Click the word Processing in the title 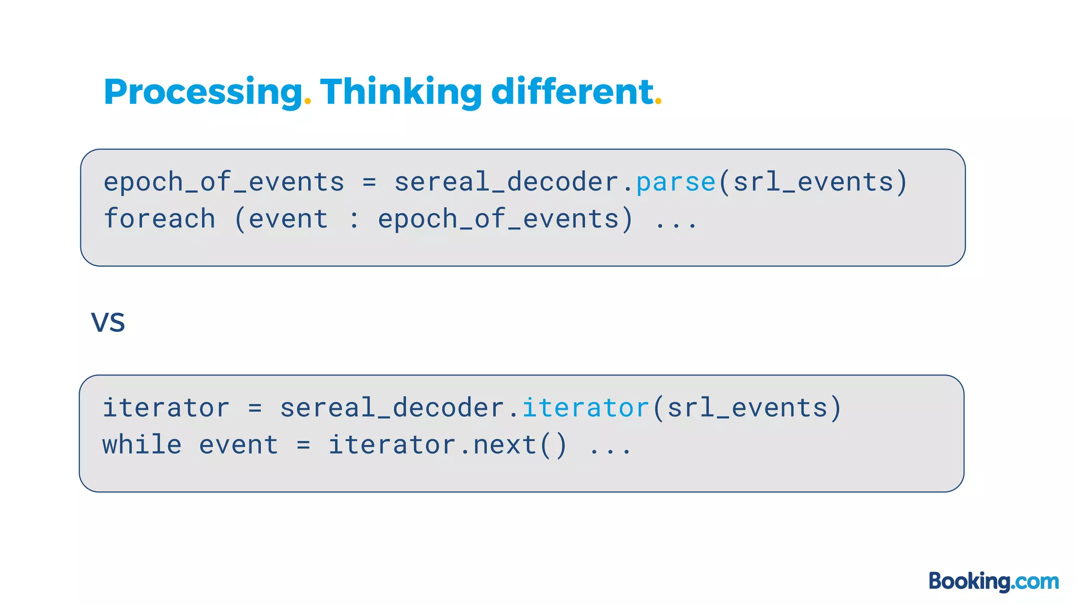coord(203,92)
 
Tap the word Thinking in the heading coord(401,92)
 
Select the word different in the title coord(572,92)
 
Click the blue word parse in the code coord(676,183)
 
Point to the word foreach coord(160,219)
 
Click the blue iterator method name coord(586,408)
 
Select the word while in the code coord(142,445)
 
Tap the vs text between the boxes coord(108,321)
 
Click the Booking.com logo coord(994,581)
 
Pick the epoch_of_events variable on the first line coord(224,183)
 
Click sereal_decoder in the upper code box coord(506,183)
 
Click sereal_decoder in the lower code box coord(392,408)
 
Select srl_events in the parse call coord(813,183)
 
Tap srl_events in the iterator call coord(748,408)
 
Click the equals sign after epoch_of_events coord(369,183)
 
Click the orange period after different coord(658,102)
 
